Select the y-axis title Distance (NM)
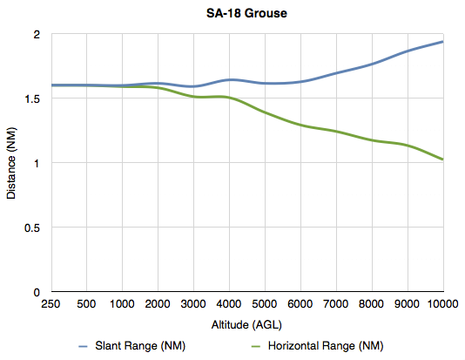[x=11, y=163]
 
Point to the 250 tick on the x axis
[x=51, y=303]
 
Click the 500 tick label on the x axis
[x=86, y=303]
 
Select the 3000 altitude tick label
[x=193, y=303]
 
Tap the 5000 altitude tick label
[x=265, y=303]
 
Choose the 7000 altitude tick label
[x=336, y=303]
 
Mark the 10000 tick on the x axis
[x=442, y=303]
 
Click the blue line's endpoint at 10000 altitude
[x=443, y=42]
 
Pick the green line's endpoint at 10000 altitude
[x=443, y=160]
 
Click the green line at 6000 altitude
[x=300, y=126]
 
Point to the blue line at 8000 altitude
[x=372, y=64]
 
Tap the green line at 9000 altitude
[x=408, y=145]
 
